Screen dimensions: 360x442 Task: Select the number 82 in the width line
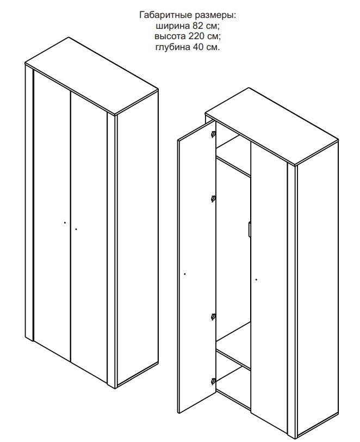(198, 26)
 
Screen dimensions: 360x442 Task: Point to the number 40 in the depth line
(198, 47)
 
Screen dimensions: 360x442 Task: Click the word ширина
(173, 26)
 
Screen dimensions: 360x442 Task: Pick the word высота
(170, 36)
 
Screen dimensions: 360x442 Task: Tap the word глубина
(173, 47)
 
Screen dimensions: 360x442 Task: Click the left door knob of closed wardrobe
(65, 223)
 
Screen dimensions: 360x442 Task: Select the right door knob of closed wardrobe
(76, 229)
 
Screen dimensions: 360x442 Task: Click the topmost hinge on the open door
(214, 134)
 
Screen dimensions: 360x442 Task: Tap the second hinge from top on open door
(214, 199)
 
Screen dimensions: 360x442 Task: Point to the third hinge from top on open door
(214, 317)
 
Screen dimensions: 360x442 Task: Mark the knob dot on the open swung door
(185, 274)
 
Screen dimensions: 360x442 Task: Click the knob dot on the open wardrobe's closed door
(256, 280)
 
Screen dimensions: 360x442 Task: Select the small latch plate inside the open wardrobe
(249, 229)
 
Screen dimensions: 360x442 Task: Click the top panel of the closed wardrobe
(92, 76)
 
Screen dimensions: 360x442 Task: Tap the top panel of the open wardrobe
(272, 126)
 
